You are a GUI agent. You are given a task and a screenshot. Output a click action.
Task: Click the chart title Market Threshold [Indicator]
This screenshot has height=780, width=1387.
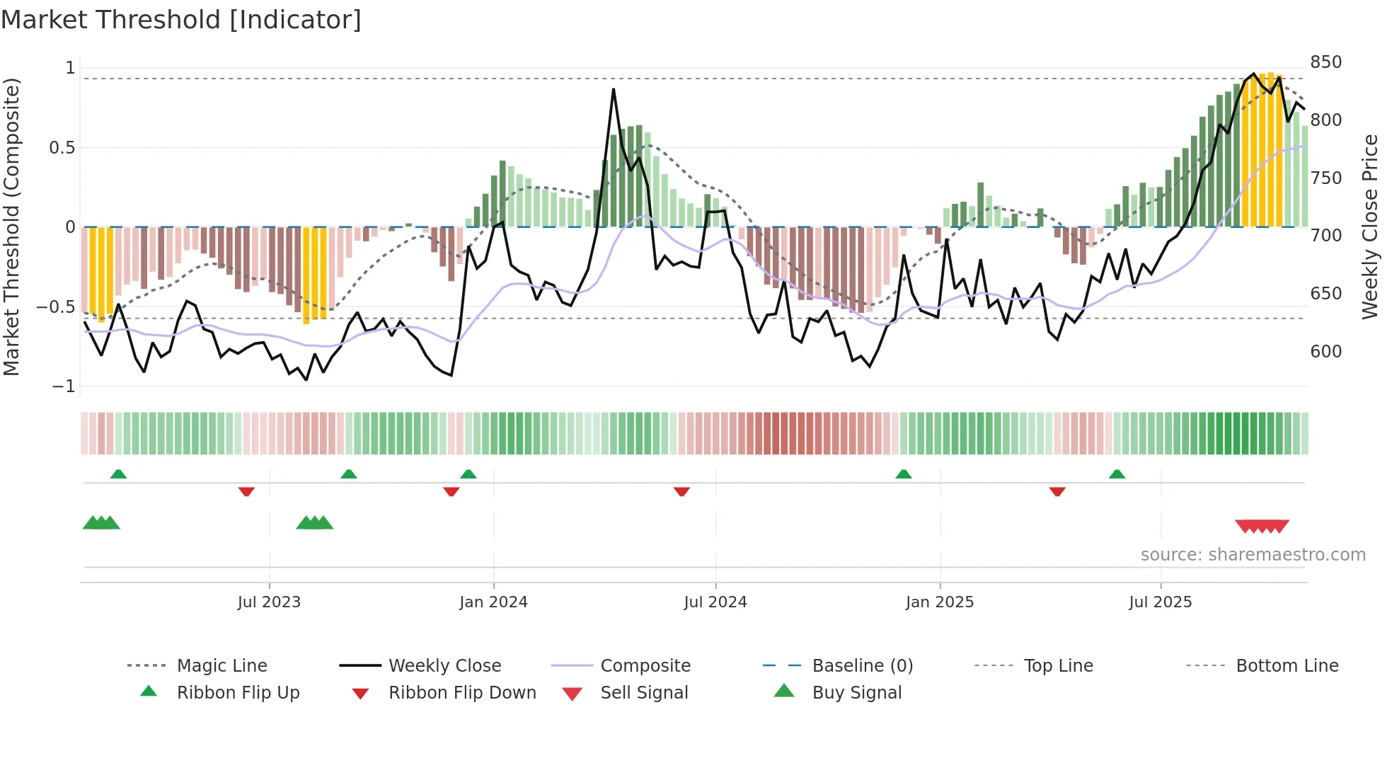(181, 20)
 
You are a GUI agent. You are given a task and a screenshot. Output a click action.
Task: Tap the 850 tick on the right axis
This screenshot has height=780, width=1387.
(1325, 62)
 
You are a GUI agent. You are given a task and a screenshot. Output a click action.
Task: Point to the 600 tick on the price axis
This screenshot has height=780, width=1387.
(1325, 351)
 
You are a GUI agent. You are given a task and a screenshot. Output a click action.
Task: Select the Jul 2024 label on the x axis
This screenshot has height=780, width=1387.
(715, 602)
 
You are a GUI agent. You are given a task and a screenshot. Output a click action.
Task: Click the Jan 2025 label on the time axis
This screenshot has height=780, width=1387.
(939, 602)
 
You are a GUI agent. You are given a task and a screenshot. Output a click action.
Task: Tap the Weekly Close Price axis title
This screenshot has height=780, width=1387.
(1370, 226)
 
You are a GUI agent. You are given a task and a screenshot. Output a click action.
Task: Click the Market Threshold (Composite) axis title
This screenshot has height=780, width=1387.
(11, 226)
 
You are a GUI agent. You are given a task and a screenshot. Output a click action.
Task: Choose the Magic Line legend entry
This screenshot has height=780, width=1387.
(221, 666)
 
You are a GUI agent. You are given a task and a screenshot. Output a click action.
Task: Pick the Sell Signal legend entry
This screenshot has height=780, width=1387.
(643, 693)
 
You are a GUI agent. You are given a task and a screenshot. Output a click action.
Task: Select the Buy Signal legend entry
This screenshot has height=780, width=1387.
(856, 693)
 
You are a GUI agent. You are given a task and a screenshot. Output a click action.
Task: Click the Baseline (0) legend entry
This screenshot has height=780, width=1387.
(862, 666)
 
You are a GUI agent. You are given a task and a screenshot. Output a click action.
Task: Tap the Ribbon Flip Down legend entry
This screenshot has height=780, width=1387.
(461, 693)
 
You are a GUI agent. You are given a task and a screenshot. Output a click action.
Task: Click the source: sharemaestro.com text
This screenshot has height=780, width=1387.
(1253, 555)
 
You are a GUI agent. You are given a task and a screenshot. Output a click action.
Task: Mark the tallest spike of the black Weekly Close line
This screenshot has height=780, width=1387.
(614, 90)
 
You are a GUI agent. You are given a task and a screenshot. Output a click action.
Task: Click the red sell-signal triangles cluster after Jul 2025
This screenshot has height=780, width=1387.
(1262, 526)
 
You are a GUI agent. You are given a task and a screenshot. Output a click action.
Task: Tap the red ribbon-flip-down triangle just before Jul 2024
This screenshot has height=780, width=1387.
(681, 491)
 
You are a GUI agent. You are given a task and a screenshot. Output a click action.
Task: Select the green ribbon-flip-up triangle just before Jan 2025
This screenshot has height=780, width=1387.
(903, 474)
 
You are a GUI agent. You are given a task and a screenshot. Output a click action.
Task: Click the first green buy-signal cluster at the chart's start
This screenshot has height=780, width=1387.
(101, 523)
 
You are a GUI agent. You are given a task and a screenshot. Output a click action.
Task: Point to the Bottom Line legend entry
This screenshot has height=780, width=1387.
(1287, 666)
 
